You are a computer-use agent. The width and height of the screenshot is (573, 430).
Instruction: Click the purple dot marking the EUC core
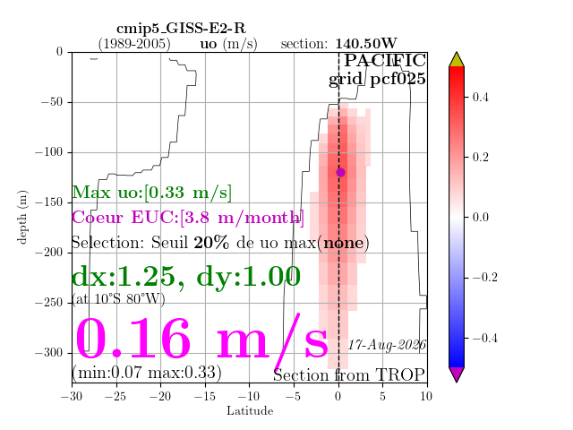click(x=340, y=172)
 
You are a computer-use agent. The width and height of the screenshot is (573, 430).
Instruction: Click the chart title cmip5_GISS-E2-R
click(x=181, y=28)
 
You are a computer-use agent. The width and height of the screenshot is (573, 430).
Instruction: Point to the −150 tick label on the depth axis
click(x=49, y=202)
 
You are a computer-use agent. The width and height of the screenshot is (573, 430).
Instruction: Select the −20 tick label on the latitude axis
click(x=160, y=396)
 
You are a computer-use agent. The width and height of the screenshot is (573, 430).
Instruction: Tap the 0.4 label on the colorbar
click(x=480, y=97)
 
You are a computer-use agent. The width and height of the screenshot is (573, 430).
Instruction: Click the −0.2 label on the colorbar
click(x=484, y=277)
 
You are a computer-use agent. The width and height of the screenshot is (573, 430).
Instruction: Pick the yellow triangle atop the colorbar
click(x=457, y=60)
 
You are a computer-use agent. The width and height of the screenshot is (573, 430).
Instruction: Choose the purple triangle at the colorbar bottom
click(x=457, y=374)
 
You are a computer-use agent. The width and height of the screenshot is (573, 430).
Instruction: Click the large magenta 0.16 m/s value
click(x=201, y=339)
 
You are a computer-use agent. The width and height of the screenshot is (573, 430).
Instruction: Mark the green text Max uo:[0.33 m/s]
click(x=151, y=193)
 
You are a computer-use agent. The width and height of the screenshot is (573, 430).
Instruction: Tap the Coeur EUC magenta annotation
click(x=188, y=218)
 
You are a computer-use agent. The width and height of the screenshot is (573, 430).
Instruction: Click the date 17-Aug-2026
click(x=387, y=344)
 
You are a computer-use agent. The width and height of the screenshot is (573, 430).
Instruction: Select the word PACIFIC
click(x=385, y=60)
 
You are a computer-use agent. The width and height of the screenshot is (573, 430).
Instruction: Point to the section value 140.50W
click(x=366, y=44)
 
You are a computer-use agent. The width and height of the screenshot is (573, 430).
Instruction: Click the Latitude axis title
click(x=250, y=411)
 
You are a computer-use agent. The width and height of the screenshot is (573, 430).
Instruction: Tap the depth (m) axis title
click(x=21, y=217)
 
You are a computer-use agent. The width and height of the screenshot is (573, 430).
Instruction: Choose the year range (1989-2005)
click(x=134, y=44)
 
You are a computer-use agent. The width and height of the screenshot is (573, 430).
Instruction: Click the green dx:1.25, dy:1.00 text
click(x=186, y=277)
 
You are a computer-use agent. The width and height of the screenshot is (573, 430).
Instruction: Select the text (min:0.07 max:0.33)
click(x=147, y=373)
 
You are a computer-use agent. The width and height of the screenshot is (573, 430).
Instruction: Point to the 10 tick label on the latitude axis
click(x=426, y=396)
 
